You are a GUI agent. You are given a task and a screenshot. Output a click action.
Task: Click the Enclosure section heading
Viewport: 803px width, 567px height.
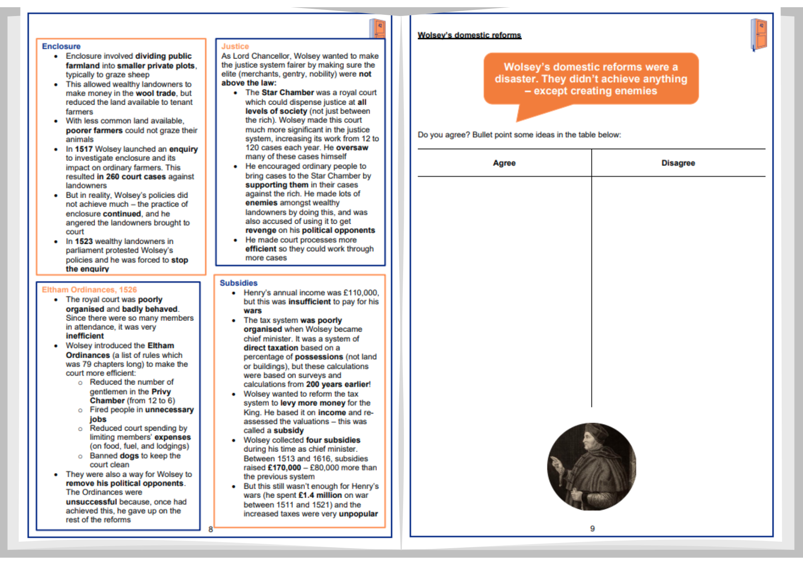click(x=61, y=46)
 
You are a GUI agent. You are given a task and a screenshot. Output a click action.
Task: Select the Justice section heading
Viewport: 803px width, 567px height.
click(x=235, y=46)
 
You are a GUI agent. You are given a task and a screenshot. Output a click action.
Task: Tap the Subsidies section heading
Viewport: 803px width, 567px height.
click(x=238, y=283)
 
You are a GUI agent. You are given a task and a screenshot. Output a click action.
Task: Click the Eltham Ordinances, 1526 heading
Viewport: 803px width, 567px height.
click(x=89, y=290)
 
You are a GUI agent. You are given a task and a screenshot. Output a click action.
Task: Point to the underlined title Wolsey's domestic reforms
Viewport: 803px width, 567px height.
click(x=469, y=35)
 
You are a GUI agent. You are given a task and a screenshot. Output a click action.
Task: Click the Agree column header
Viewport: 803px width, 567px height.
click(x=504, y=163)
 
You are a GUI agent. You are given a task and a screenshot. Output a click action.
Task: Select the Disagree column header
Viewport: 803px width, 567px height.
click(x=678, y=163)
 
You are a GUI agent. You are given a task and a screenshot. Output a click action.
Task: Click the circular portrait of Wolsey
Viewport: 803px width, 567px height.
click(x=591, y=466)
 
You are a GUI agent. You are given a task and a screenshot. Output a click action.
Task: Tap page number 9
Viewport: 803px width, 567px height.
click(x=592, y=529)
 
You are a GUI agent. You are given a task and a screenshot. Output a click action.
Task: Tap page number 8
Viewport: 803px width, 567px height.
click(x=211, y=529)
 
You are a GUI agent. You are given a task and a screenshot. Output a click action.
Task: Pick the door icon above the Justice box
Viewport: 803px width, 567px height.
click(x=377, y=28)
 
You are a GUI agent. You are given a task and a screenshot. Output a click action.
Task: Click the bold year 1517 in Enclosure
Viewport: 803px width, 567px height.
click(x=84, y=149)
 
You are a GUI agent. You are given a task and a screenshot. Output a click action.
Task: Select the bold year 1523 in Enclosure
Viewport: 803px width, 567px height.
click(x=84, y=241)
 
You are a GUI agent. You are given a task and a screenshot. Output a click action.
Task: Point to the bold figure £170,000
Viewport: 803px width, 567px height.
click(x=284, y=468)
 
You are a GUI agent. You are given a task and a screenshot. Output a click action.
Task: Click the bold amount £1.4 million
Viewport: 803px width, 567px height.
click(x=320, y=495)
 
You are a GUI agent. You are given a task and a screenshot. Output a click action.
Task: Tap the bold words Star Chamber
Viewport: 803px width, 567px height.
click(x=288, y=92)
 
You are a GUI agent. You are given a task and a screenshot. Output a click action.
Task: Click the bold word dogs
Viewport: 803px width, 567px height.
click(x=129, y=456)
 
